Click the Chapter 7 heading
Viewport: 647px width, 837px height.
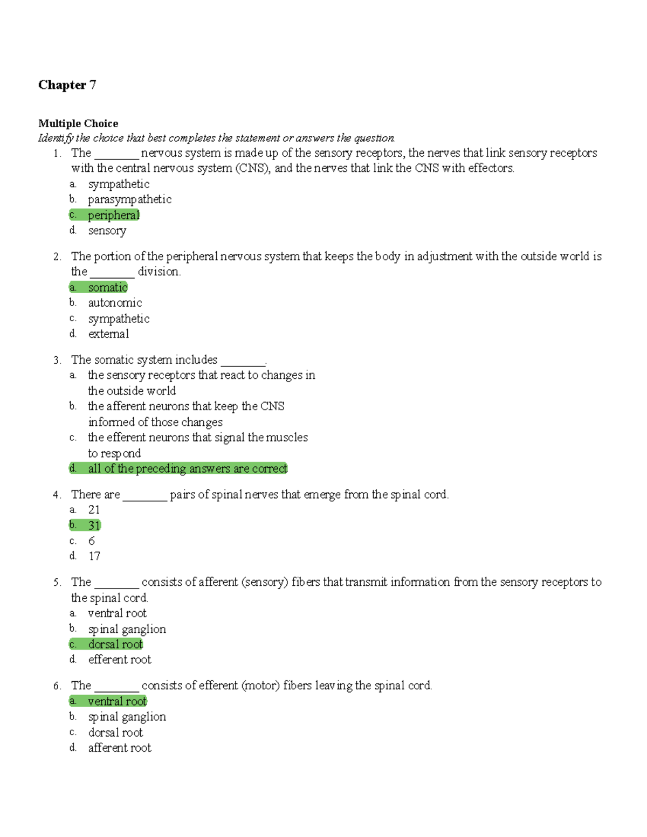(x=67, y=85)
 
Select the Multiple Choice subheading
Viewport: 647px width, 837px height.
(x=78, y=123)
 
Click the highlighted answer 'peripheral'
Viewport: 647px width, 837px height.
(x=113, y=215)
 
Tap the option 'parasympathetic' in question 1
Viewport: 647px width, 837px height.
(x=129, y=199)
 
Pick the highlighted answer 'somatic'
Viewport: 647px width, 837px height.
(x=108, y=287)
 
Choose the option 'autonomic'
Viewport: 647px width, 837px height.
(x=115, y=303)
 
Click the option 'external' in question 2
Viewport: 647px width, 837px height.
(x=108, y=334)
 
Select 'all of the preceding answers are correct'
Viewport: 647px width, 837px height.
(x=187, y=468)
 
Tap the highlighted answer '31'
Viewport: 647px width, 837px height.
(x=94, y=525)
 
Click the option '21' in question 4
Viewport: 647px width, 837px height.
(x=94, y=510)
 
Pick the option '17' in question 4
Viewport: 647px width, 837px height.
(x=94, y=556)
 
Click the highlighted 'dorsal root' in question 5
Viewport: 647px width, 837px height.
(x=115, y=644)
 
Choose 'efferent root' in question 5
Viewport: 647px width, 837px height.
(x=120, y=660)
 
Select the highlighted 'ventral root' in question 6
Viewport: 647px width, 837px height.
(x=117, y=701)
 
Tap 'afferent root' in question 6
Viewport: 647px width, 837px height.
(x=120, y=748)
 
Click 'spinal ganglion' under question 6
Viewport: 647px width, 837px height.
(x=127, y=717)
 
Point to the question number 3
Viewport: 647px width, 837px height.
(x=57, y=360)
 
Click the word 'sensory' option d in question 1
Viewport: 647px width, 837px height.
(x=107, y=231)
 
